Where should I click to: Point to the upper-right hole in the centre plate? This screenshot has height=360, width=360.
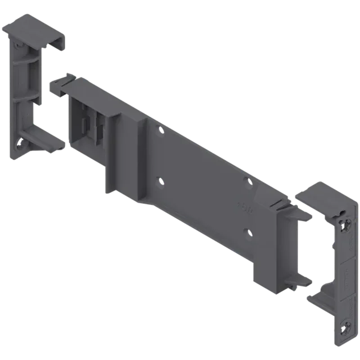coord(246,181)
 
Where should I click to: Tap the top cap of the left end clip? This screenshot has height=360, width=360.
coord(36,29)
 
